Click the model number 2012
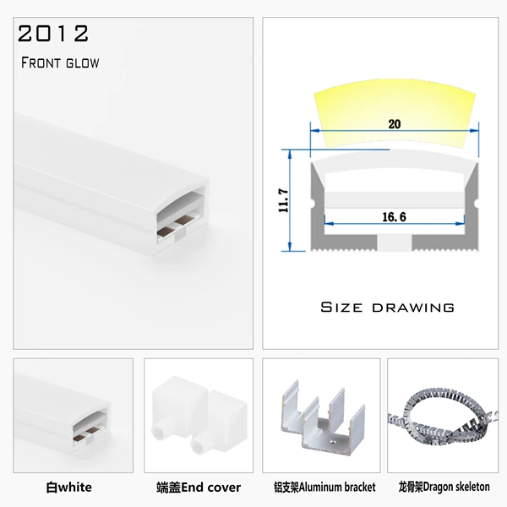(x=53, y=33)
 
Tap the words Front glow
(x=60, y=63)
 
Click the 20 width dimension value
(x=394, y=124)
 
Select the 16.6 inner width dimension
(x=394, y=216)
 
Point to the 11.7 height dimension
(x=283, y=200)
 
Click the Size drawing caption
(x=387, y=308)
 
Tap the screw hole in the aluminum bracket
(x=332, y=440)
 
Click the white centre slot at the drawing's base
(x=395, y=243)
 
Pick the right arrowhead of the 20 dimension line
(x=474, y=131)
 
